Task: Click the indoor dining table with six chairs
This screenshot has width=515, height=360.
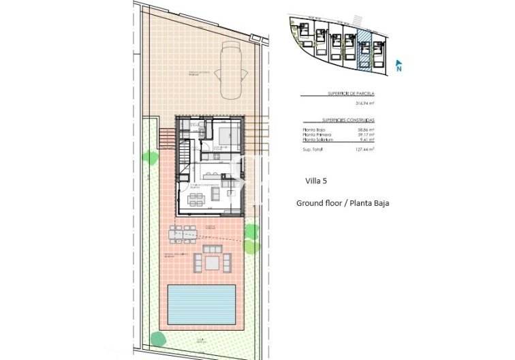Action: tap(196, 199)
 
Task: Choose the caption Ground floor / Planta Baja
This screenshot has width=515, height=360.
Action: tap(343, 203)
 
